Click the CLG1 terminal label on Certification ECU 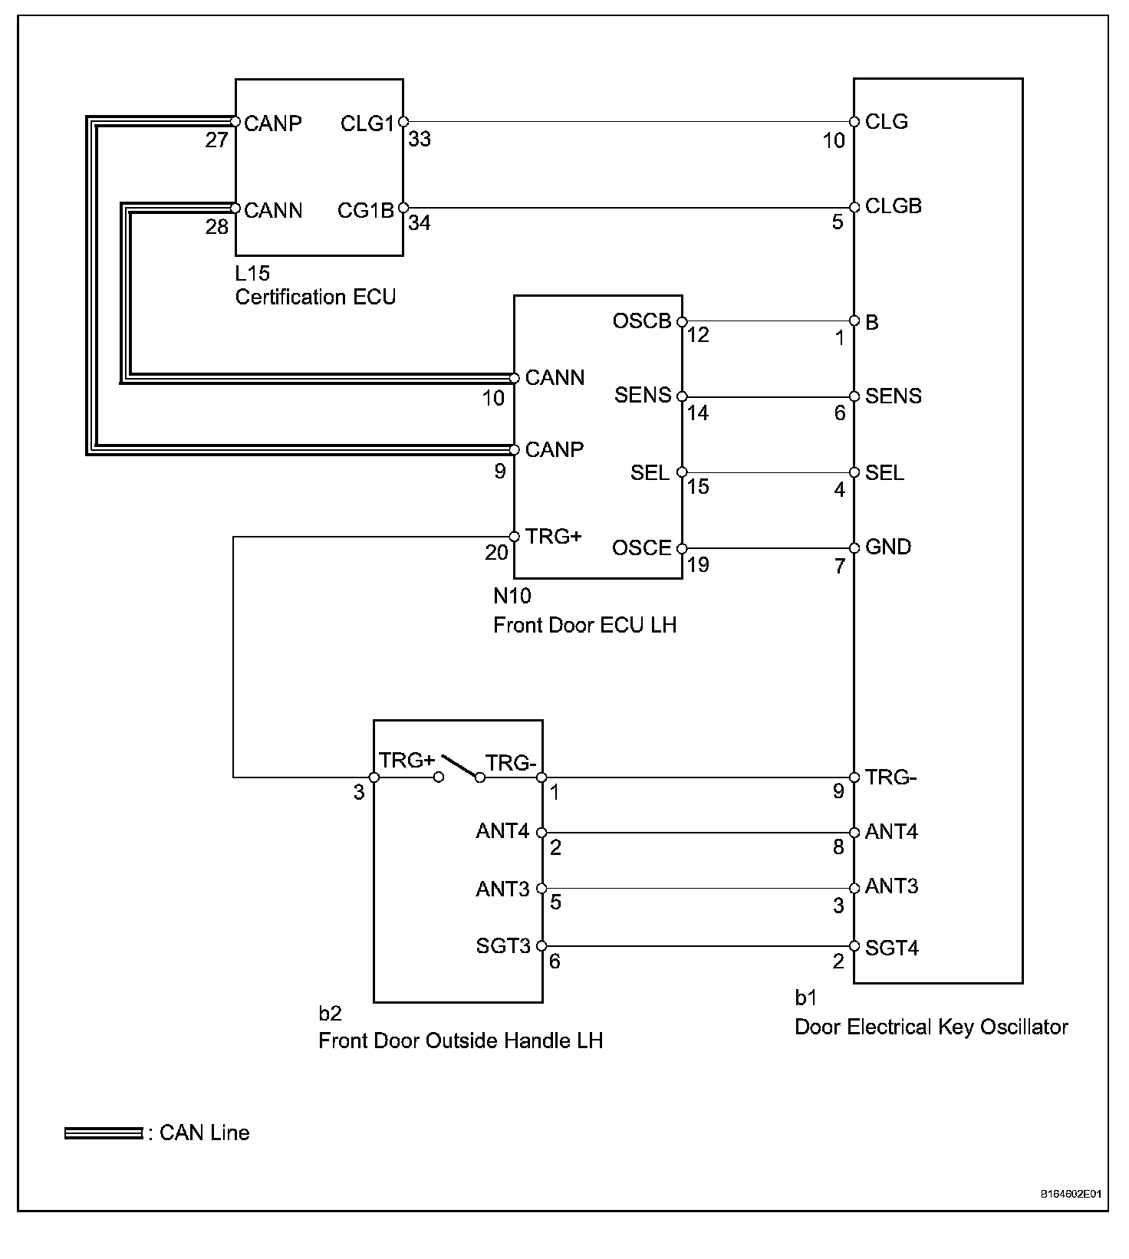click(367, 123)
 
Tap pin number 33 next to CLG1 click(420, 139)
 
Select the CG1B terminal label click(366, 210)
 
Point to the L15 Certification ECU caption click(315, 285)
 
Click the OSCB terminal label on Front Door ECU click(642, 321)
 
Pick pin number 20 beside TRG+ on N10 click(496, 552)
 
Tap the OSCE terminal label click(642, 547)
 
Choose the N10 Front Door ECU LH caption click(584, 610)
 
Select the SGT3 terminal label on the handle click(503, 946)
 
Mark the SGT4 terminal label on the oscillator click(892, 948)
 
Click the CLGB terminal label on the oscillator click(894, 205)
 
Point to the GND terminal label click(888, 547)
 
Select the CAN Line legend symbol click(104, 1133)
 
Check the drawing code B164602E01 click(1071, 1195)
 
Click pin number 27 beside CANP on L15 click(217, 140)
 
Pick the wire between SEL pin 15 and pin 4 click(768, 472)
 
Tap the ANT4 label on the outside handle click(502, 831)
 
